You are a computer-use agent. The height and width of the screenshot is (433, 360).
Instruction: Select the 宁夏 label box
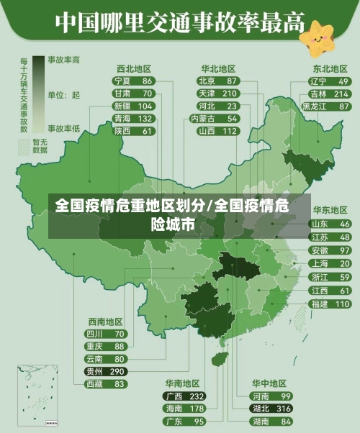(122, 81)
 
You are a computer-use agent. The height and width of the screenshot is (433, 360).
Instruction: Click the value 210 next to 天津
(230, 94)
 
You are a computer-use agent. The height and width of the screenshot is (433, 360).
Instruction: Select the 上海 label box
(319, 263)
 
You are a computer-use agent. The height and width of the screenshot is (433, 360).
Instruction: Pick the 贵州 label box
(94, 372)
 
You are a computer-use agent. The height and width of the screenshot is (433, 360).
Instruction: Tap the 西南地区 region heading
(106, 322)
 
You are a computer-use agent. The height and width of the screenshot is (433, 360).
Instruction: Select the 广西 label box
(174, 396)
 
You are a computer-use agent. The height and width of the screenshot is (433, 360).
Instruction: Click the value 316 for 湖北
(284, 409)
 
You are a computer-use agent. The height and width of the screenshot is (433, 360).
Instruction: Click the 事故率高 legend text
(64, 60)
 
